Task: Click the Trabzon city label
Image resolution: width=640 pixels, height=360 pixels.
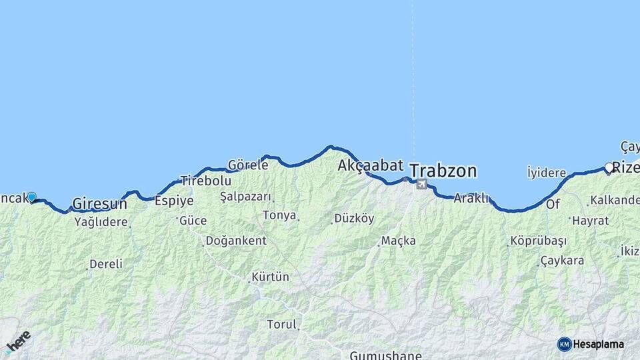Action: tap(443, 171)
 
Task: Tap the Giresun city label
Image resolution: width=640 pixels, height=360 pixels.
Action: tap(99, 203)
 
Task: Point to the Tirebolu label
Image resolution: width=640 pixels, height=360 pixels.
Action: tap(206, 181)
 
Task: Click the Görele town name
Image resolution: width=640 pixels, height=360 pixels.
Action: tap(248, 164)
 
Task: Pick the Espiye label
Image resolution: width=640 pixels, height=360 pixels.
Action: tap(174, 200)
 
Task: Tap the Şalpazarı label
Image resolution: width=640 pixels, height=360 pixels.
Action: tap(245, 197)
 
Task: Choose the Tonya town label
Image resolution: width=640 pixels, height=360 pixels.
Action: tap(279, 215)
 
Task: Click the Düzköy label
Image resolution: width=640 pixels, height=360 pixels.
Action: tap(354, 218)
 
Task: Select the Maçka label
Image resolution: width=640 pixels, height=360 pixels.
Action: tap(398, 240)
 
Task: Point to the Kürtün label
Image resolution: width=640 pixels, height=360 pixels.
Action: tap(270, 276)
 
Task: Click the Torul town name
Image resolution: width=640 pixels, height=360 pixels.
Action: tap(281, 325)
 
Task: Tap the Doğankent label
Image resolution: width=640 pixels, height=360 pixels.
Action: tap(235, 241)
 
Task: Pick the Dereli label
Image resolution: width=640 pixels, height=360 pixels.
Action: tap(106, 264)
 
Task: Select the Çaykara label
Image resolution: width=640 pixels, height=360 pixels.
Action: tap(562, 260)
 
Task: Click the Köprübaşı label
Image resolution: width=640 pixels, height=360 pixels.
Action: tap(538, 241)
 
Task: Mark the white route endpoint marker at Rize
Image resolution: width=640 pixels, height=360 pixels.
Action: tap(609, 168)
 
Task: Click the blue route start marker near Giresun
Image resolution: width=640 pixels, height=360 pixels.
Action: tap(31, 197)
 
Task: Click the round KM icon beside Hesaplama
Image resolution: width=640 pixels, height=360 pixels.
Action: tap(565, 344)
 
